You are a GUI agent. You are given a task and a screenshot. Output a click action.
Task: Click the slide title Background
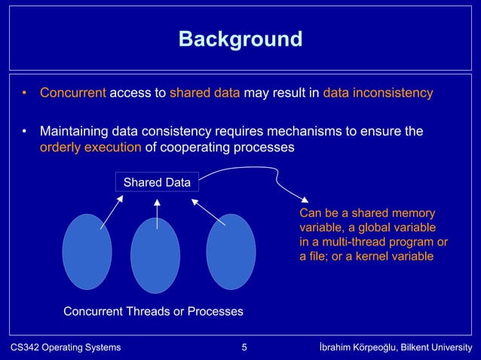240,38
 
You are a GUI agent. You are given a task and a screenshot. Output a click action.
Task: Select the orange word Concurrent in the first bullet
73,93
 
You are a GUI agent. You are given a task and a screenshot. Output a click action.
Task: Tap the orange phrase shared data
205,93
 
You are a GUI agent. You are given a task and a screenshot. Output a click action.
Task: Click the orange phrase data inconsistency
378,93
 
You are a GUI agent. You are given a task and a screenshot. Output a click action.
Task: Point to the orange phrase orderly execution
90,147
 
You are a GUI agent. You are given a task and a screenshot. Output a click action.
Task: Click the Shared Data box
157,182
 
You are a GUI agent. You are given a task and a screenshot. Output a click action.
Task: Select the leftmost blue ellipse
87,252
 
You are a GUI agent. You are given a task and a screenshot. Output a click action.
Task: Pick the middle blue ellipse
155,255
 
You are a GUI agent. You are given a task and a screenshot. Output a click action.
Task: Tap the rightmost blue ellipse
231,252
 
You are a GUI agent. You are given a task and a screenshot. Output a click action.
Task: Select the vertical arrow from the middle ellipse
157,214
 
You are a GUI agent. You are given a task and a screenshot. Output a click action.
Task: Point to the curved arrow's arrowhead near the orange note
303,200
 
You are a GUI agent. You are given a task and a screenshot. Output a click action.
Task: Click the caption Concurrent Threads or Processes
153,311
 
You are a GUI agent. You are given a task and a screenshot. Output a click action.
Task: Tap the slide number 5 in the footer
244,347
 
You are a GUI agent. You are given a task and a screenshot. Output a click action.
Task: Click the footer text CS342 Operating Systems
65,347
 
